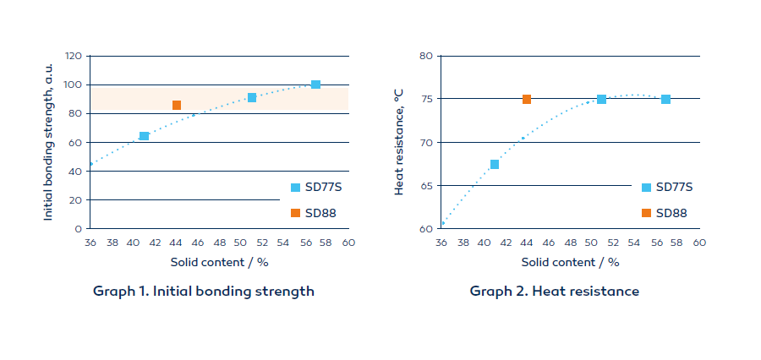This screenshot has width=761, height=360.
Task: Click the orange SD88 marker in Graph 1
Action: pos(177,106)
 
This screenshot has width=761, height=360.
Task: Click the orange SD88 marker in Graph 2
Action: pos(527,99)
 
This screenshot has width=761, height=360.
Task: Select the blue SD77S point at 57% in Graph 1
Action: pos(315,85)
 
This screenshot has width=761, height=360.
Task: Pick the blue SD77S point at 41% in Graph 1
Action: pos(144,136)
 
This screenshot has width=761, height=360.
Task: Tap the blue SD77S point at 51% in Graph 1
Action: pos(252,98)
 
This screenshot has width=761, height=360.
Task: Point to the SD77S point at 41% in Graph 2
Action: pos(495,164)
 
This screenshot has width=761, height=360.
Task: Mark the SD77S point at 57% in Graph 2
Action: pos(666,99)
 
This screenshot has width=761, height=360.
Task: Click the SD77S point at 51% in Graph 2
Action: pos(601,99)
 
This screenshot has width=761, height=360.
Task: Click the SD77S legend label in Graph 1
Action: pos(323,188)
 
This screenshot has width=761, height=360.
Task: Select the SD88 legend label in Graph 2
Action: pos(672,213)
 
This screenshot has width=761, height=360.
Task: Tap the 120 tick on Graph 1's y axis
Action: pos(73,56)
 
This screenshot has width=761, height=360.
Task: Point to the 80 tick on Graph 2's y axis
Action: pos(426,56)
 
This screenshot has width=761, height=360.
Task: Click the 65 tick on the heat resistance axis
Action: pos(426,185)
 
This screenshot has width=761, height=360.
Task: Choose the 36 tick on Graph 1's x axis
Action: pos(90,243)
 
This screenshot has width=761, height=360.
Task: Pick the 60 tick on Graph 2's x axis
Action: pos(699,243)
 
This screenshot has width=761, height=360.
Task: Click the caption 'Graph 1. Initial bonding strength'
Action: pos(204,292)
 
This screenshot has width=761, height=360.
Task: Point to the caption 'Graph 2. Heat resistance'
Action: pos(555,292)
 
